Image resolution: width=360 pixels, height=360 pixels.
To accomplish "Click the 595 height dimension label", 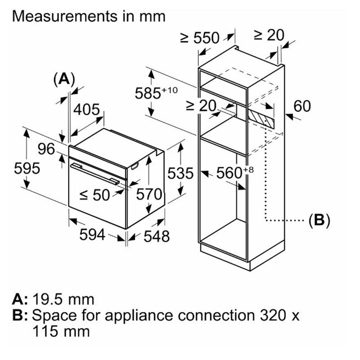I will [x=27, y=168].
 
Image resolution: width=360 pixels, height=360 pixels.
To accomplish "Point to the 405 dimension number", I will [x=86, y=109].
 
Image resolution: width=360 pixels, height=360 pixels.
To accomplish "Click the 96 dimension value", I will [x=46, y=149].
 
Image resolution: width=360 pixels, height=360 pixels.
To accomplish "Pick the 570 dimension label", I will [x=149, y=194].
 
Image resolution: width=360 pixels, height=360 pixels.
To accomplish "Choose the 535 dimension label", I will [x=180, y=173].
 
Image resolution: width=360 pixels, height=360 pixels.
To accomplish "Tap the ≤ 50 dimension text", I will [x=94, y=195].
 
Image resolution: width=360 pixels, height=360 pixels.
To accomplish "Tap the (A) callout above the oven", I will [x=63, y=79].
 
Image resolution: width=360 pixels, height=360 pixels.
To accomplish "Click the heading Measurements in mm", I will [x=89, y=17].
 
